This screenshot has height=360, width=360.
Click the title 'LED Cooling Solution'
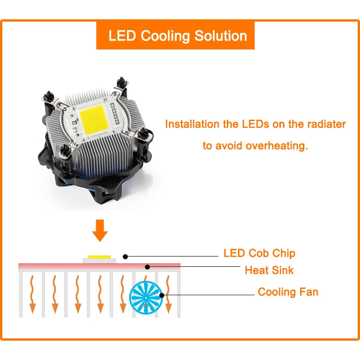(x=178, y=36)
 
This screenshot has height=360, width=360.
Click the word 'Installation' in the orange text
(x=192, y=124)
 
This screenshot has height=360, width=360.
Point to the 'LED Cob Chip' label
(x=259, y=253)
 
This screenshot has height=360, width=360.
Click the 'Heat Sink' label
(x=269, y=270)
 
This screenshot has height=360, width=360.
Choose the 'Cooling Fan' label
(x=288, y=292)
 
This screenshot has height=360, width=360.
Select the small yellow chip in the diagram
(x=99, y=256)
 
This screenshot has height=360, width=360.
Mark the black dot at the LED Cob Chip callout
(x=126, y=256)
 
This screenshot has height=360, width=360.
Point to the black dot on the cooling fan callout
(x=162, y=295)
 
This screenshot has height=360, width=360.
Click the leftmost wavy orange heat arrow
(x=31, y=295)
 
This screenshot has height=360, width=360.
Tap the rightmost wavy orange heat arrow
(x=168, y=295)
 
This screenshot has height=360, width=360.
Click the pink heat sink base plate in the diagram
(x=54, y=267)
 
